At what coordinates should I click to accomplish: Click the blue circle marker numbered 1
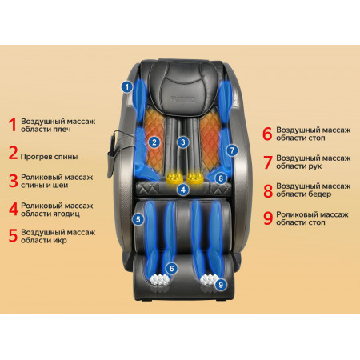127,86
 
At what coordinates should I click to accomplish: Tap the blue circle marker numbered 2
154,142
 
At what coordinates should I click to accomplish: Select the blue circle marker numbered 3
183,142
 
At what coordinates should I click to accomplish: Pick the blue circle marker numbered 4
183,190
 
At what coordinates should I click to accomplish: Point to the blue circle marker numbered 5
138,219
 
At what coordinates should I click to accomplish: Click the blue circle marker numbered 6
172,268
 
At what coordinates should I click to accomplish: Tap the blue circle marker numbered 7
232,150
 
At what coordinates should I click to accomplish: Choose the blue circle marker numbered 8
221,178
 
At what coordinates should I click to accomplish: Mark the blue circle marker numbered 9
221,285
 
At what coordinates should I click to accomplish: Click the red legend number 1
13,125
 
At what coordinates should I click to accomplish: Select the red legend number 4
14,209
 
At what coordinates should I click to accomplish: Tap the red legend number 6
267,134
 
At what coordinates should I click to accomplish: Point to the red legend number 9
268,218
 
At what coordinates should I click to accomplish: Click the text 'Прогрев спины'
49,157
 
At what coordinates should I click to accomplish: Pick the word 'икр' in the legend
60,241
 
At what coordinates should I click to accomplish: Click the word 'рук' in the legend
314,166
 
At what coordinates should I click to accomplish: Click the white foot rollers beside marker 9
209,279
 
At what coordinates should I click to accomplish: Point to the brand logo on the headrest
183,99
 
